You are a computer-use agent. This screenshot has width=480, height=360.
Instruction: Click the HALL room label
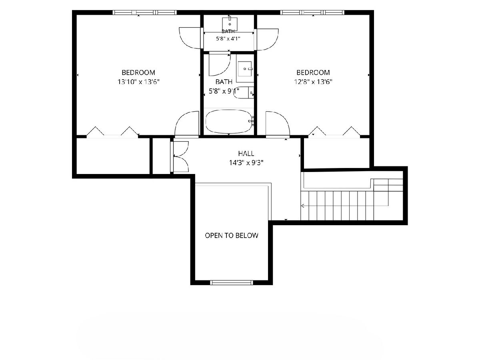click(246, 154)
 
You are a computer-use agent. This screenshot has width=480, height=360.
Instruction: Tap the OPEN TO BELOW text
click(232, 236)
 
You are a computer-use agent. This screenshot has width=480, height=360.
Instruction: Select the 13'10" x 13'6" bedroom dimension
click(138, 82)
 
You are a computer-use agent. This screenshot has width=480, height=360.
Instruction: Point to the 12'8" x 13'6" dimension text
click(313, 82)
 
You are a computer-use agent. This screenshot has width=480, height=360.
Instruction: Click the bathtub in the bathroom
click(229, 122)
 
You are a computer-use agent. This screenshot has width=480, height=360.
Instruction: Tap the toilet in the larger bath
click(244, 93)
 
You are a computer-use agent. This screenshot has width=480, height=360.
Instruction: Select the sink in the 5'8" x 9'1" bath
click(245, 68)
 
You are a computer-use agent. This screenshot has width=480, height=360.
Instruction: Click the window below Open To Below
click(232, 283)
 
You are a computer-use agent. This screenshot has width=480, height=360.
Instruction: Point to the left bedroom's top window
click(144, 12)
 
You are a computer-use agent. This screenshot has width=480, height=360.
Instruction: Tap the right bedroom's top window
click(312, 12)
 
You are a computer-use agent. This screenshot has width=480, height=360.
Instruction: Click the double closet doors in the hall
click(179, 156)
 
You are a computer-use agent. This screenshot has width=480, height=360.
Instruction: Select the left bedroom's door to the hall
click(186, 124)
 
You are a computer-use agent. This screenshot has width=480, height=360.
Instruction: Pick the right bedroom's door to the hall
click(278, 124)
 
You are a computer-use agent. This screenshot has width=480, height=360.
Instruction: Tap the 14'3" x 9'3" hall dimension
click(246, 163)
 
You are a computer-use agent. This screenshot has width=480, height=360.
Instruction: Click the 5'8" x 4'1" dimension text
click(228, 39)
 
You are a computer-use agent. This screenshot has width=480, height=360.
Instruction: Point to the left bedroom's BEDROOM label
click(138, 72)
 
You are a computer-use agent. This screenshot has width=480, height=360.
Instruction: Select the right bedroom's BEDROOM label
click(313, 72)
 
